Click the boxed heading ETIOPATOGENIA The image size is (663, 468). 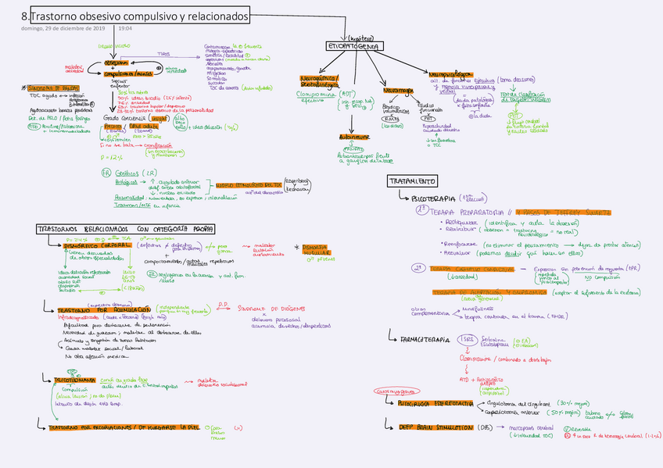point(353,47)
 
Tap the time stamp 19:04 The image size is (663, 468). point(125,28)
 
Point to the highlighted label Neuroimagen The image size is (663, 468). point(398,91)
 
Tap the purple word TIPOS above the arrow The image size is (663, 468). point(163,54)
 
